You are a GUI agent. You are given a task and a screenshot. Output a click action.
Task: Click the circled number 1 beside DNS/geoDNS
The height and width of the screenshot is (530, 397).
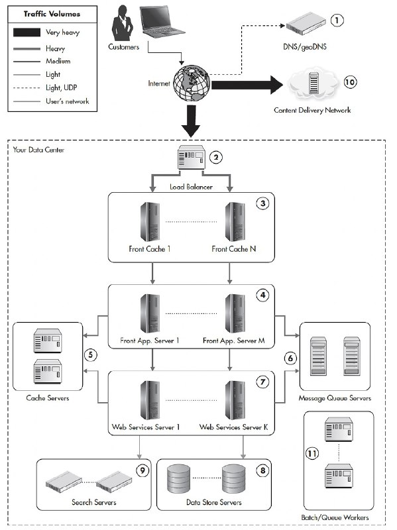[x=336, y=21]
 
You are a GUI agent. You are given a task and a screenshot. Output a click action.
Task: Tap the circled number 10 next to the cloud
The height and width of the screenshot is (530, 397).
[x=350, y=82]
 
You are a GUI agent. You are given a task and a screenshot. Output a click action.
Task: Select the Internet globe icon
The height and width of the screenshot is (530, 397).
[x=192, y=83]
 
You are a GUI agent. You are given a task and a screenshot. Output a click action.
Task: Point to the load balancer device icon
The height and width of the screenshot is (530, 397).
[x=192, y=157]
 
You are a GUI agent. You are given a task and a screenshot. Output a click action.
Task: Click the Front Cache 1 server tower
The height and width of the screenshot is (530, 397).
[x=150, y=222]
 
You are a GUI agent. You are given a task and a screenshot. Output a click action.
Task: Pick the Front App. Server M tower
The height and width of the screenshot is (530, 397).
[x=235, y=313]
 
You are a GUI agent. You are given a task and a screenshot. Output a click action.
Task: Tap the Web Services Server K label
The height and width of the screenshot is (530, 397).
[x=233, y=427]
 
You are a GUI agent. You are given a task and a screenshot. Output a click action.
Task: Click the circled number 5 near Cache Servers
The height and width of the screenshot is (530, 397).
[x=90, y=355]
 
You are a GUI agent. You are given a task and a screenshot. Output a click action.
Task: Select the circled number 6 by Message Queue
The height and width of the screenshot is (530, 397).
[x=290, y=358]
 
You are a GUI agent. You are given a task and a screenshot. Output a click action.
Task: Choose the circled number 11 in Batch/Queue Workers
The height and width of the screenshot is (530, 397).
[x=312, y=453]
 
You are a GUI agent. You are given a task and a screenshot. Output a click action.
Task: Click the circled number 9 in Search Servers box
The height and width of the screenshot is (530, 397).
[x=142, y=470]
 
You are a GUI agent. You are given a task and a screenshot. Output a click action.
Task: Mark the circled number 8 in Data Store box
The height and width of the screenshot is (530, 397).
[x=262, y=470]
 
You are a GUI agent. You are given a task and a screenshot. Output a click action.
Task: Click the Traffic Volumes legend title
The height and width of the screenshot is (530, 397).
[x=52, y=14]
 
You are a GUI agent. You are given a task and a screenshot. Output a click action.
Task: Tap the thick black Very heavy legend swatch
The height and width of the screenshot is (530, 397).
[x=27, y=32]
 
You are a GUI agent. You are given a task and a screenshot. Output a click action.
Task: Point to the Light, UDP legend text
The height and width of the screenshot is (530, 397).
[x=62, y=87]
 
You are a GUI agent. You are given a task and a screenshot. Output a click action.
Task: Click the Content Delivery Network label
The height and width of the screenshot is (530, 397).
[x=312, y=110]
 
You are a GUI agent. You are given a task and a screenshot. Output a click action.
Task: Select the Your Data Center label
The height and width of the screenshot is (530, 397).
[x=38, y=150]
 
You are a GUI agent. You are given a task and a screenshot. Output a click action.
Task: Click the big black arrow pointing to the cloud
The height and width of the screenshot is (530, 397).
[x=247, y=85]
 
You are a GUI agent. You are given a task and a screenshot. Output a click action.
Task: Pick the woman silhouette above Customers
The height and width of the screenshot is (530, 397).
[x=122, y=23]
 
